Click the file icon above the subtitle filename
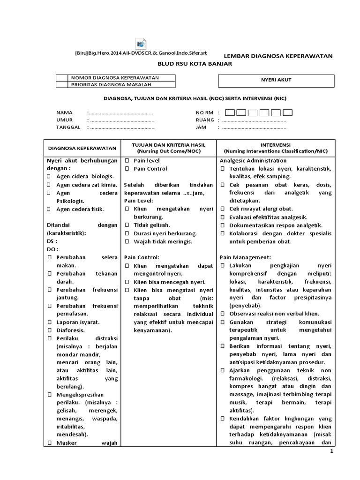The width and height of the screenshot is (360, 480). click(140, 44)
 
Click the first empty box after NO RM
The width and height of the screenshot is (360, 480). click(230, 112)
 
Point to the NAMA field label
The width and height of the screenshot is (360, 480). click(65, 113)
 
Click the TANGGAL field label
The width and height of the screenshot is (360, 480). click(69, 127)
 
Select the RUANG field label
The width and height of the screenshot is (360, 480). click(205, 120)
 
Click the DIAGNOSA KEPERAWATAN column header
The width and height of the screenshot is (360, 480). click(82, 148)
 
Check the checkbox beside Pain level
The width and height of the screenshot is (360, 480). click(127, 161)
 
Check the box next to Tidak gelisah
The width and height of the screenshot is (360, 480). click(127, 225)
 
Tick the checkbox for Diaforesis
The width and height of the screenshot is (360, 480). click(49, 330)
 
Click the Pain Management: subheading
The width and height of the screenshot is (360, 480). click(245, 257)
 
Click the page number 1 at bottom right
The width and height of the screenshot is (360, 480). click(331, 451)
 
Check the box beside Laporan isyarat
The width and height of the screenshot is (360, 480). click(49, 322)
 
